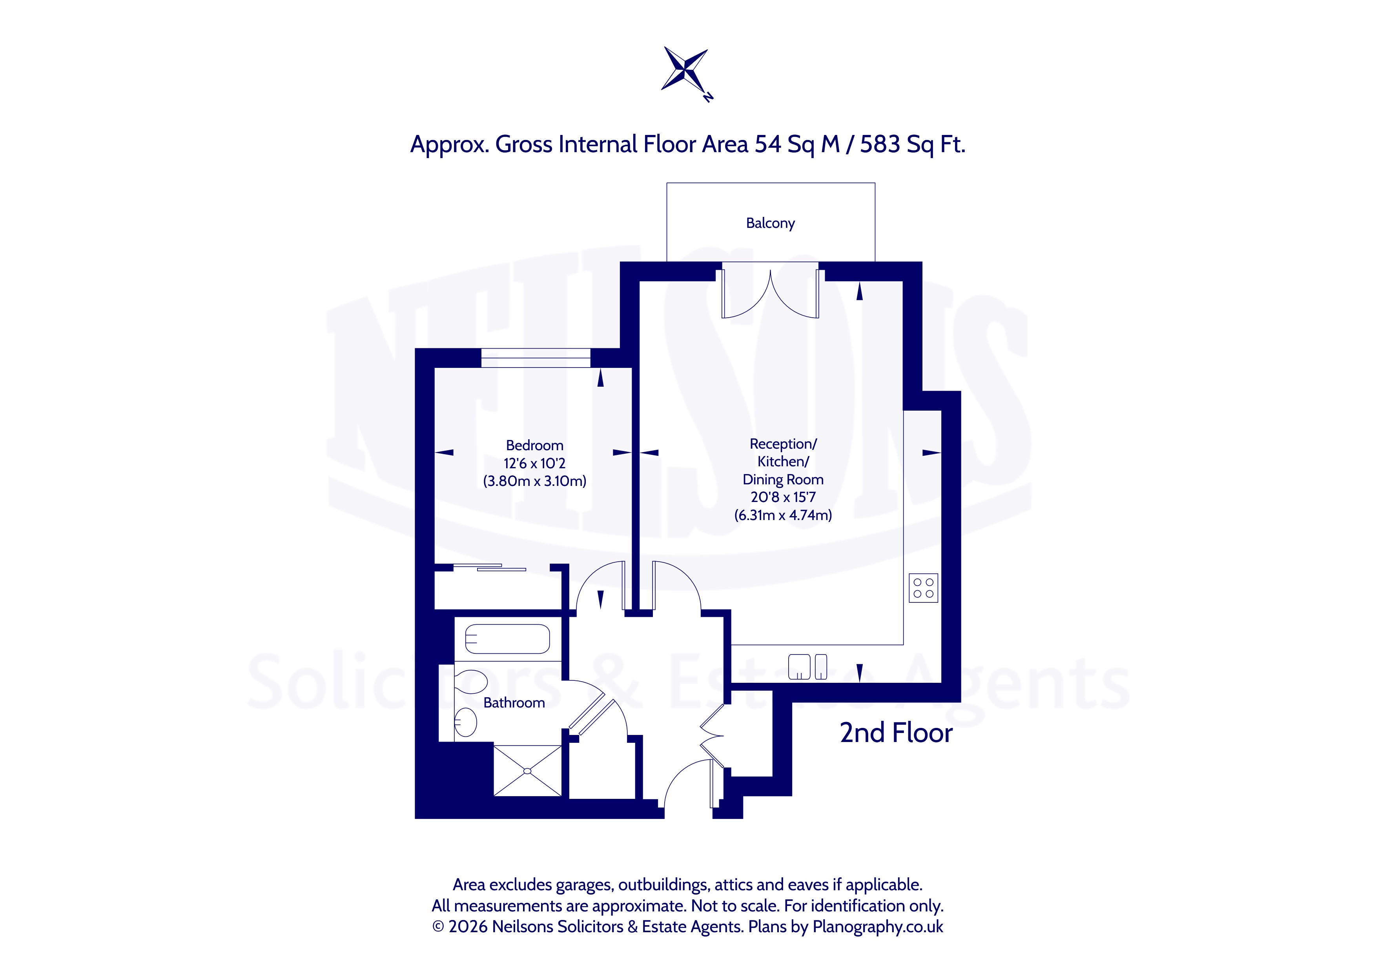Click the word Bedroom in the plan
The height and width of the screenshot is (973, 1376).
tap(534, 445)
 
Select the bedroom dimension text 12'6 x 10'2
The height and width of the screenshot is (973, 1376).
tap(534, 463)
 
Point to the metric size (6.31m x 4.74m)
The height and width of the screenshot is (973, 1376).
tap(783, 515)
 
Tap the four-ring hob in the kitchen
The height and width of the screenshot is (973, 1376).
tap(923, 588)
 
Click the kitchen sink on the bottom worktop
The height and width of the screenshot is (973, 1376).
tap(807, 667)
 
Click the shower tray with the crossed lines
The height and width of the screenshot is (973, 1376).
tap(527, 771)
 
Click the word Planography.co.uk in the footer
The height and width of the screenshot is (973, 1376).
tap(877, 927)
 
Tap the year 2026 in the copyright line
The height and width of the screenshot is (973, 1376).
tap(468, 927)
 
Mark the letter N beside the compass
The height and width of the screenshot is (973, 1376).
tap(708, 97)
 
